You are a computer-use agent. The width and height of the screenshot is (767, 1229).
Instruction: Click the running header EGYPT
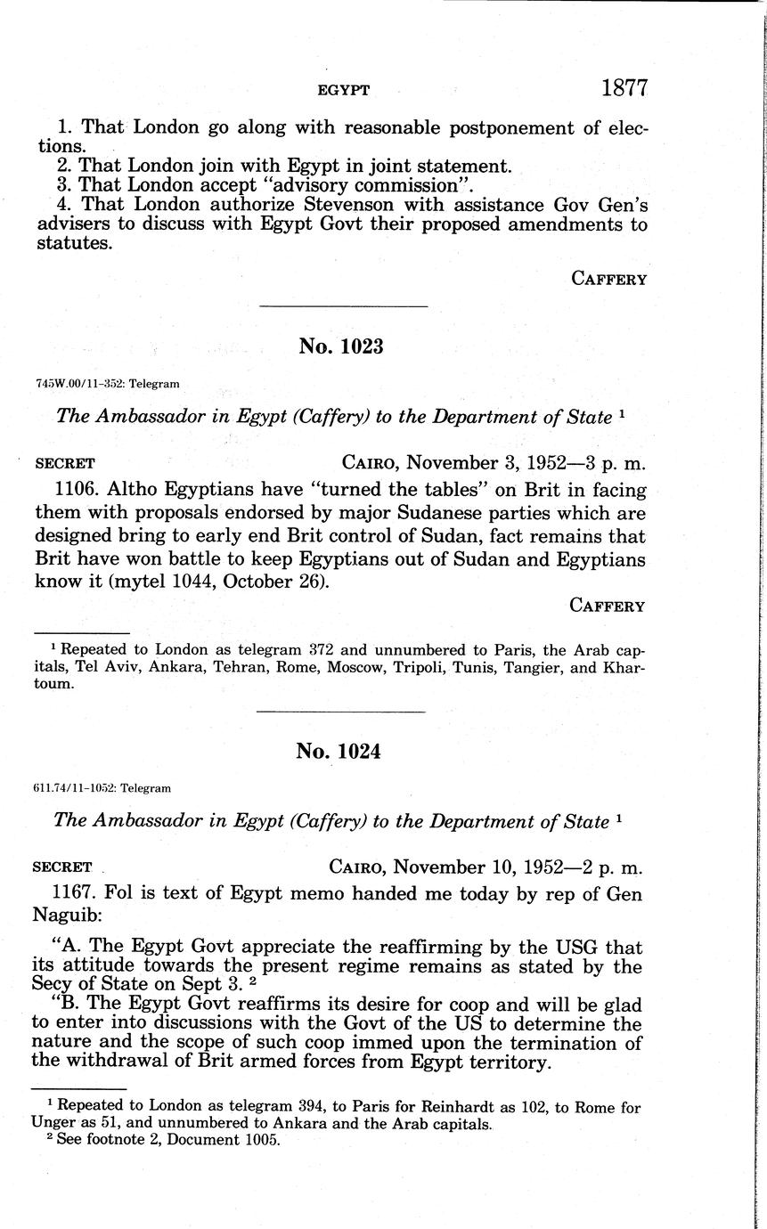[344, 90]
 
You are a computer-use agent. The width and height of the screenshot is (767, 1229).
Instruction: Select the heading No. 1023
[341, 346]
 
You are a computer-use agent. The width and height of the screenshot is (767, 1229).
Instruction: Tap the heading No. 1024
[339, 751]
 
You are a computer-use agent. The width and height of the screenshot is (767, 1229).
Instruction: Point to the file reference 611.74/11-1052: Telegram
[102, 788]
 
